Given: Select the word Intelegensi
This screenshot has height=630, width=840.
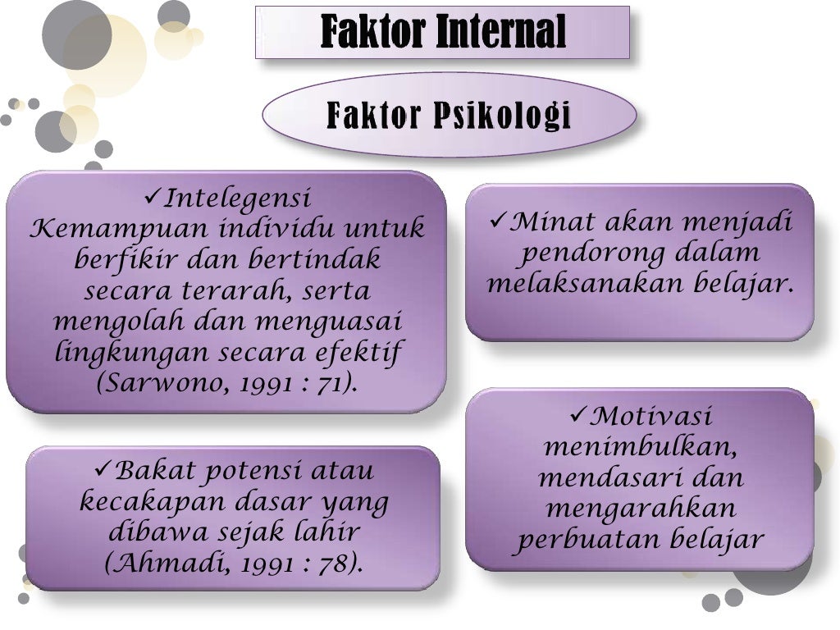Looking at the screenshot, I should (x=238, y=199).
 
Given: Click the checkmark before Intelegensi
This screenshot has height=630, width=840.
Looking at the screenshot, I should (x=153, y=197).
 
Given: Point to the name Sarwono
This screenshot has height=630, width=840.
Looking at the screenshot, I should (x=159, y=384).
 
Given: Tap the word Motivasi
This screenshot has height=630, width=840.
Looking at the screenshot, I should (x=652, y=417).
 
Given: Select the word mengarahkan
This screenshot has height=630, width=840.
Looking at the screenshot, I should (x=640, y=509).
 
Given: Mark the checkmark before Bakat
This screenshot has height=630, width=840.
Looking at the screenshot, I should (x=103, y=470).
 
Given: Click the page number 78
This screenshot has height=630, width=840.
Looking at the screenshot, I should (x=335, y=564).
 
